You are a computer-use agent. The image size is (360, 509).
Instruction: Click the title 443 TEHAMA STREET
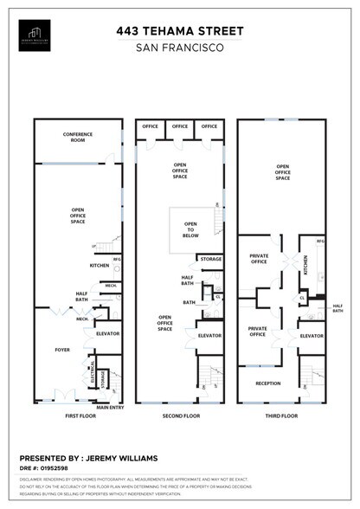tap(179, 31)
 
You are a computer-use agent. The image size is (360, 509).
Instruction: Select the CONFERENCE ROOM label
tap(78, 136)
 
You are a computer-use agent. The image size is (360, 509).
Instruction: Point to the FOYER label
tap(62, 350)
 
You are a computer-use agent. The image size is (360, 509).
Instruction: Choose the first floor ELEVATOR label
tap(107, 333)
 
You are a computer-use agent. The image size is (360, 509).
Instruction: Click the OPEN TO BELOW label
tap(190, 229)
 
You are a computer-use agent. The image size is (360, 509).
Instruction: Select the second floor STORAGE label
tap(210, 259)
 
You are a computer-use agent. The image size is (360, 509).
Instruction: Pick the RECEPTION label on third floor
tap(268, 383)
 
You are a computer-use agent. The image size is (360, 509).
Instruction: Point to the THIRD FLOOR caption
tap(281, 416)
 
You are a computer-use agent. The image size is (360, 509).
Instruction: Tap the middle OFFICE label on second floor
tap(179, 126)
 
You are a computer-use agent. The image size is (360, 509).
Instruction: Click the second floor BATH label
tap(189, 302)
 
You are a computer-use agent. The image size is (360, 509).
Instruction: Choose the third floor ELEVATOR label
tap(312, 336)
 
